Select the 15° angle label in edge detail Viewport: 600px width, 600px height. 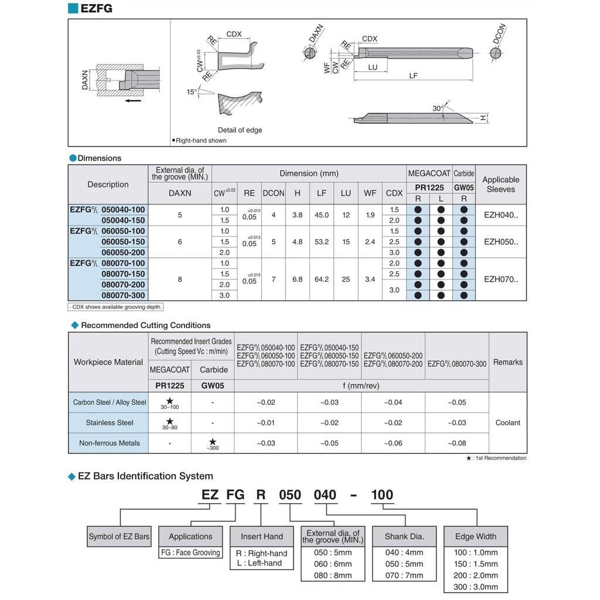(192, 92)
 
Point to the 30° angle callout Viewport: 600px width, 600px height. (437, 109)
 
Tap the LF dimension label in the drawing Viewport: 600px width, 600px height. (413, 76)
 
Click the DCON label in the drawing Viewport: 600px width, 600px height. (499, 34)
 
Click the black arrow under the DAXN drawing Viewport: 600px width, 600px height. (133, 100)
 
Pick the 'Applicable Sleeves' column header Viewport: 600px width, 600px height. (500, 185)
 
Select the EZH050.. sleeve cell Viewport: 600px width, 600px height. (501, 241)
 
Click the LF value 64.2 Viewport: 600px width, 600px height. (322, 279)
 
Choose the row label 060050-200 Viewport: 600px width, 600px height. (123, 253)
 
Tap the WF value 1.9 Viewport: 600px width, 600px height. (370, 215)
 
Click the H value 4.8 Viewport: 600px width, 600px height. (298, 241)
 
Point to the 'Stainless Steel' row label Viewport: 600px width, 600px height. (110, 422)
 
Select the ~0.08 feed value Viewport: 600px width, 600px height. (457, 443)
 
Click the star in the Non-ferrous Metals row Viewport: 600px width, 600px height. (213, 441)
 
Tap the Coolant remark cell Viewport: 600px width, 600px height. (507, 422)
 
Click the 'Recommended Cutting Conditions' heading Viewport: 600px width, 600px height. (145, 325)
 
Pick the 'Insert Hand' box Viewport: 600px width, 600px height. (261, 536)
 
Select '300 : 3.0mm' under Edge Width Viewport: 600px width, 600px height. (475, 587)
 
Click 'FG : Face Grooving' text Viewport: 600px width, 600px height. (190, 552)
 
